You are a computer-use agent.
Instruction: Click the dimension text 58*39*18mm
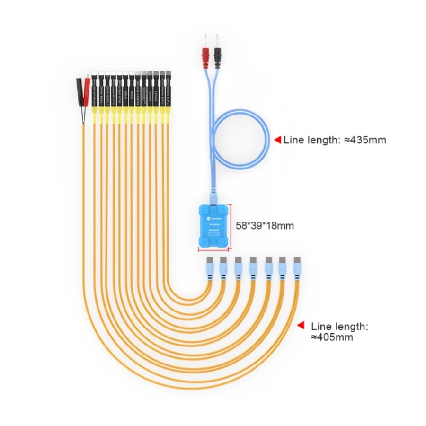[265, 226]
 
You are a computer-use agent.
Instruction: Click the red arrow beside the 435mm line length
[278, 140]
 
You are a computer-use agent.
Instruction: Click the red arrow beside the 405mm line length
[300, 326]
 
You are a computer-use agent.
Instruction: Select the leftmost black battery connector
[95, 90]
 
